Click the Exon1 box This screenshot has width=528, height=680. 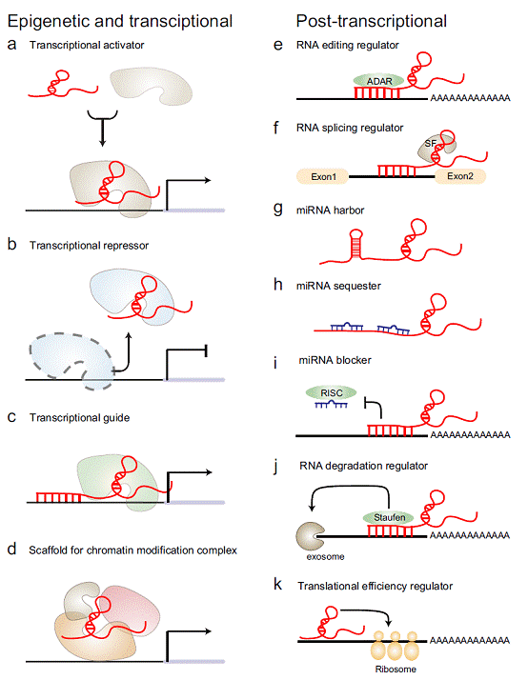pyautogui.click(x=323, y=176)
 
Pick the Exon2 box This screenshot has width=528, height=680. pyautogui.click(x=461, y=176)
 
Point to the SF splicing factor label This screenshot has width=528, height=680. pyautogui.click(x=431, y=142)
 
